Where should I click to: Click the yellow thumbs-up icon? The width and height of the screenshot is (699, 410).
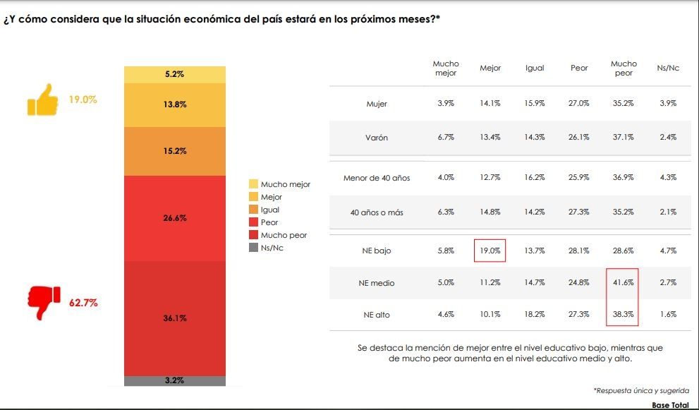42,100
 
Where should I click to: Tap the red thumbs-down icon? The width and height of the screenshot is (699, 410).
44,303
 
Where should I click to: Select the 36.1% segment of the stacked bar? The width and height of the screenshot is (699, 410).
175,318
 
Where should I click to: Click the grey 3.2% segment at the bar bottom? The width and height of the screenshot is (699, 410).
175,380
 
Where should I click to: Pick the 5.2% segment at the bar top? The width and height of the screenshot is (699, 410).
175,74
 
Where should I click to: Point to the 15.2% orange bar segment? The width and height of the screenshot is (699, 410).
175,151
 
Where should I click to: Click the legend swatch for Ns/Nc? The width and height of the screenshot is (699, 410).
254,248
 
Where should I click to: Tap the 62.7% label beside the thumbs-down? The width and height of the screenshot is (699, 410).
83,303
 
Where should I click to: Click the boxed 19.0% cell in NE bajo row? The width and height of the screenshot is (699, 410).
490,251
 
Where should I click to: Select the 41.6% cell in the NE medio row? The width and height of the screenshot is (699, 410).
623,283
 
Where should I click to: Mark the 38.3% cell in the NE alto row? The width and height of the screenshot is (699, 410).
623,315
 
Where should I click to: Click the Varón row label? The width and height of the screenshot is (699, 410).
377,138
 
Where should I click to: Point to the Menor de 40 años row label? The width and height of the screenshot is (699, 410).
377,178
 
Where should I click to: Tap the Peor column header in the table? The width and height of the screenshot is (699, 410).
579,68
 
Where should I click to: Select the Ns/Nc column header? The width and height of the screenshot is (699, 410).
667,68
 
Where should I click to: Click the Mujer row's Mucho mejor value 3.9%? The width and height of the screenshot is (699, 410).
445,103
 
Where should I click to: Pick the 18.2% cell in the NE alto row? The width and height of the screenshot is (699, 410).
535,315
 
